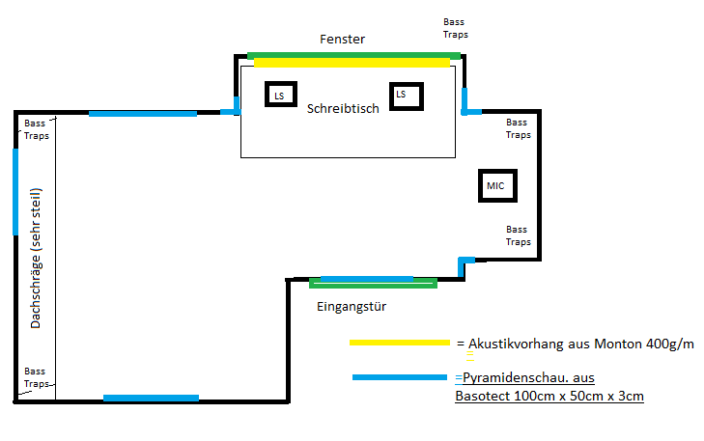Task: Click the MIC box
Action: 498,185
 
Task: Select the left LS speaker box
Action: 279,95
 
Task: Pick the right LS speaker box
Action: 405,95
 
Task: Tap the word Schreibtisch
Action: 343,108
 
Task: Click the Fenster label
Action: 342,40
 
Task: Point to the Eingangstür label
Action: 352,306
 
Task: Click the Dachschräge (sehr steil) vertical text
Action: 36,259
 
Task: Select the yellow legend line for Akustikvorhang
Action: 399,342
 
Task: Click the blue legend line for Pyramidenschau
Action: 401,377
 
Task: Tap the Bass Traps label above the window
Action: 455,27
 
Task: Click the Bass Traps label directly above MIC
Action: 518,128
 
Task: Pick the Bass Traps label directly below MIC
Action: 518,234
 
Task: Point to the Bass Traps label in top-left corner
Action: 37,129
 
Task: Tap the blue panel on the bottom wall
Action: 151,398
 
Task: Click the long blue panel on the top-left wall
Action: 142,113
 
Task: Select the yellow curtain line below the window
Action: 352,64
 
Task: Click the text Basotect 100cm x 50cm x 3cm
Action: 549,396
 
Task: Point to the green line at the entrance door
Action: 373,285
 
